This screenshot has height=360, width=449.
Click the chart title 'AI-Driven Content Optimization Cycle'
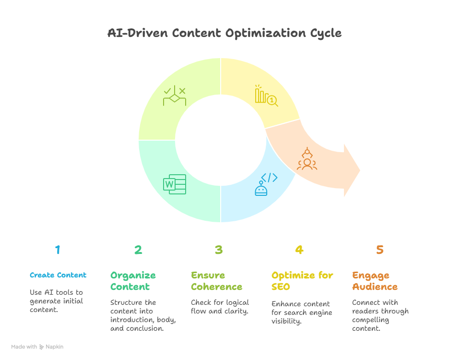tap(224, 33)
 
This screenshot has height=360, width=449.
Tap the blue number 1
tap(58, 250)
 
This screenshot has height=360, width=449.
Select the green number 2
tap(138, 250)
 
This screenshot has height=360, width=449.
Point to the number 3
tap(219, 250)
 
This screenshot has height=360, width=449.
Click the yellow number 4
tap(299, 250)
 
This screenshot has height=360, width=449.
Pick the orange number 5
tap(380, 250)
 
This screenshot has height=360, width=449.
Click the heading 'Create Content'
tap(58, 275)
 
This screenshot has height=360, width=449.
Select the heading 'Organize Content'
tap(133, 281)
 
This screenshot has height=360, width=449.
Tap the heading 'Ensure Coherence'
tap(216, 281)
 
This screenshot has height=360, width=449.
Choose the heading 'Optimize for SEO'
tap(302, 281)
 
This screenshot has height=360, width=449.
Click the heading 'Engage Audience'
tap(375, 281)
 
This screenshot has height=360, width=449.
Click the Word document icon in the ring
tap(175, 184)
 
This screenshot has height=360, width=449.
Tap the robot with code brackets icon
tap(266, 184)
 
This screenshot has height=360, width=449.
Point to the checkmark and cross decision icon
tap(175, 96)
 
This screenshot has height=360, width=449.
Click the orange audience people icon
tap(307, 159)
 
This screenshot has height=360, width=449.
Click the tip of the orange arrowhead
tap(360, 170)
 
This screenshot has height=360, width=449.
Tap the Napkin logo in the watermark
tap(42, 347)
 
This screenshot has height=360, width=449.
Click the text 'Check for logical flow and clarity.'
tap(220, 307)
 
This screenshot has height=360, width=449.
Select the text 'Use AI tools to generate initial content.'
tap(57, 301)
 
